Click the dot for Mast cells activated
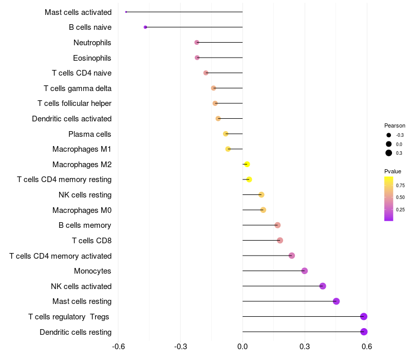point(126,12)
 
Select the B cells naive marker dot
point(145,27)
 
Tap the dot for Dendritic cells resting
point(364,332)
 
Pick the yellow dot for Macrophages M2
point(247,164)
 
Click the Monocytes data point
point(304,271)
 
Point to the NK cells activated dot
point(323,286)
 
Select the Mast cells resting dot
point(336,301)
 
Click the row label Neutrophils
point(92,43)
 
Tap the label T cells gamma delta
point(78,88)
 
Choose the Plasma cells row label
point(90,134)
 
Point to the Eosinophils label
point(92,58)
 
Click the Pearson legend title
point(395,125)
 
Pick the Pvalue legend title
point(393,171)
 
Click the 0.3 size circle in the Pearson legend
point(389,153)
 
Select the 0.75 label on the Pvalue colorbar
point(400,186)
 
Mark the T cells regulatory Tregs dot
point(364,316)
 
